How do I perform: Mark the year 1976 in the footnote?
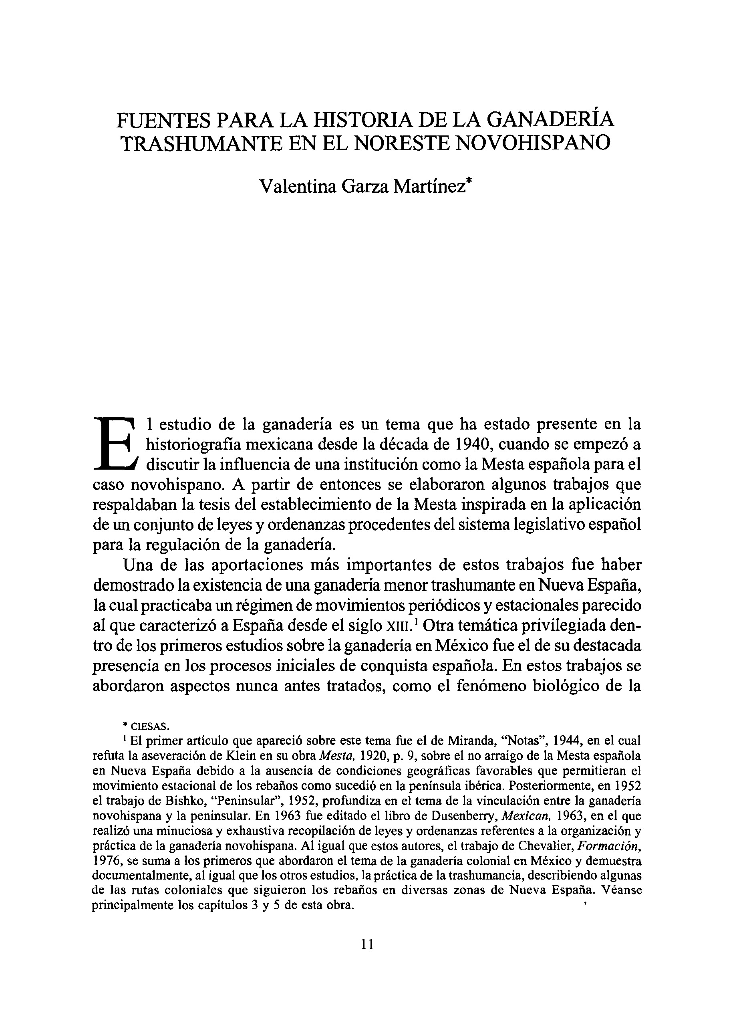107,861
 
